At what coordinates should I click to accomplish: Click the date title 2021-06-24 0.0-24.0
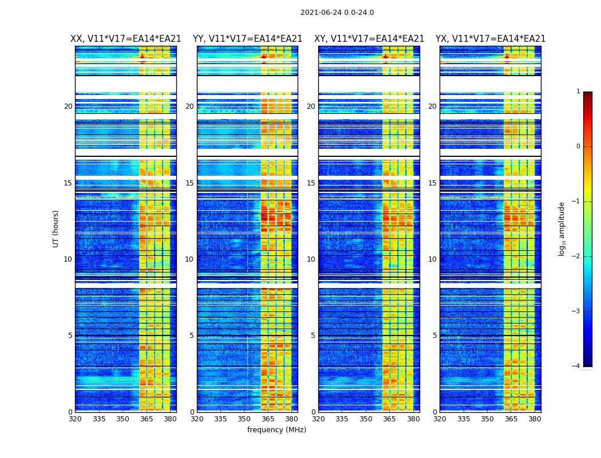(337, 13)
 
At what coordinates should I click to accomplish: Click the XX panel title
(126, 39)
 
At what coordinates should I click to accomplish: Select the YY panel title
(247, 39)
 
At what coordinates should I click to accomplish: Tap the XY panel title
(369, 39)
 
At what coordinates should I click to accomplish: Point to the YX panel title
(491, 39)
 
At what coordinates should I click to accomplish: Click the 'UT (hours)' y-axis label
(56, 228)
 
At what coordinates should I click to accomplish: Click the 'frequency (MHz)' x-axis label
(276, 430)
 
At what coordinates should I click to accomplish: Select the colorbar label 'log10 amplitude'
(562, 228)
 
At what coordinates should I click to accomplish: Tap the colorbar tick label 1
(578, 92)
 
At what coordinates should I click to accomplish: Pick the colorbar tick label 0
(578, 147)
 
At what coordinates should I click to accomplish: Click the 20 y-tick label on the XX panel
(68, 106)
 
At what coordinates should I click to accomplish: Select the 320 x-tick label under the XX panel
(75, 419)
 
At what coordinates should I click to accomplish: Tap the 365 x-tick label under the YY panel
(268, 419)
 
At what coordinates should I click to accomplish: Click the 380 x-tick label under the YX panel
(535, 419)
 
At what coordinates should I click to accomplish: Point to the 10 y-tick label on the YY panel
(189, 259)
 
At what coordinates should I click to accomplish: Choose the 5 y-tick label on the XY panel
(313, 335)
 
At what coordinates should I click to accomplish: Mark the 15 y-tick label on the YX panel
(433, 183)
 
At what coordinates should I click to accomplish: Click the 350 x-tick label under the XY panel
(366, 419)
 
